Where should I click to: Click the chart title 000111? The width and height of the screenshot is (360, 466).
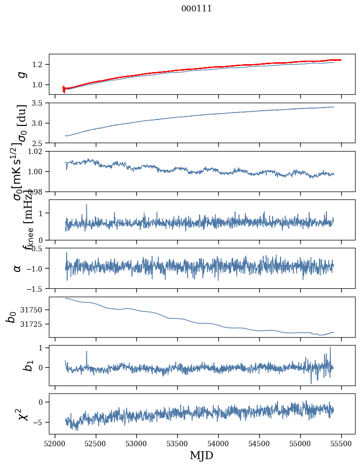pos(197,8)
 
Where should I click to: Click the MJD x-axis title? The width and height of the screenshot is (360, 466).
pos(201,455)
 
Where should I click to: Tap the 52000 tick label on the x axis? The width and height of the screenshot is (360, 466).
pos(55,443)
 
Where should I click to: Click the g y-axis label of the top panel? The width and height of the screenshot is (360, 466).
pos(21,74)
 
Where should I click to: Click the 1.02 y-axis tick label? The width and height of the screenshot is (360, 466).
pos(37,152)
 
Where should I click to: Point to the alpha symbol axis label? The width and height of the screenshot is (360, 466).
pos(17,268)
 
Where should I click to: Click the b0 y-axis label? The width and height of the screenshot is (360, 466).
pos(11,317)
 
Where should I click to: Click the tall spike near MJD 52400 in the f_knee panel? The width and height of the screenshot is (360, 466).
pos(86,205)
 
